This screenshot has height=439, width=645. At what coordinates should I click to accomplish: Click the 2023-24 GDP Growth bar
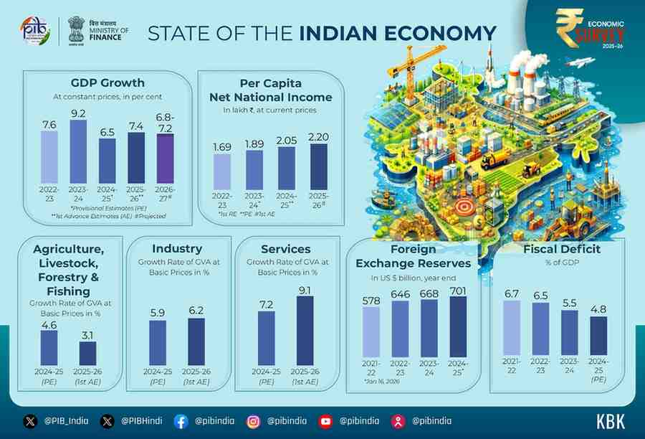(78, 151)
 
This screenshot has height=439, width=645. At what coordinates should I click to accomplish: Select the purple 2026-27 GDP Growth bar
(165, 159)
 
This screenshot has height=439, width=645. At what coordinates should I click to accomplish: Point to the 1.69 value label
(222, 147)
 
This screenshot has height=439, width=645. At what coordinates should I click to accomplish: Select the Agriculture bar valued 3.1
(87, 353)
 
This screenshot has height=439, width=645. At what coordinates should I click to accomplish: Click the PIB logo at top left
(35, 32)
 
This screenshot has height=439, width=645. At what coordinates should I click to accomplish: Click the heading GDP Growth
(107, 82)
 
